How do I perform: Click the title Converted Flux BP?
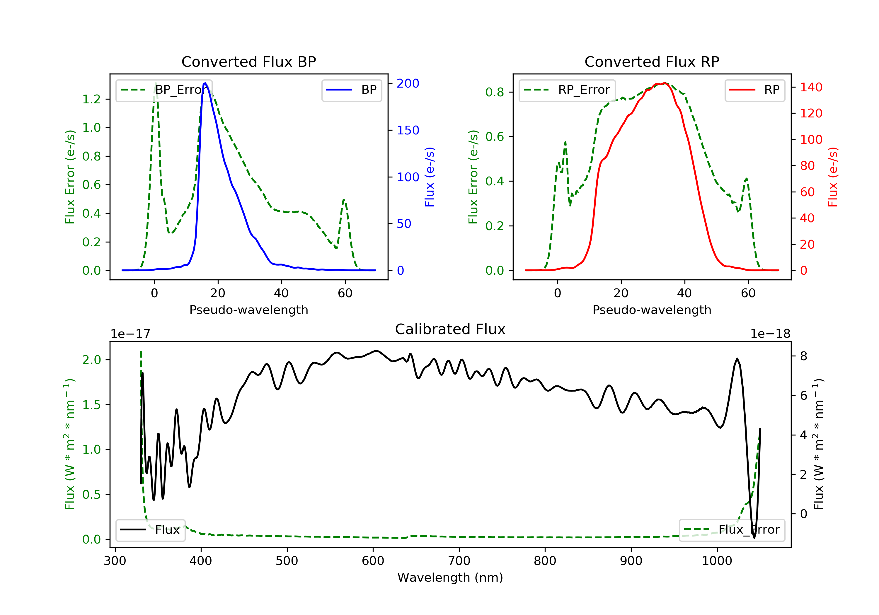(248, 61)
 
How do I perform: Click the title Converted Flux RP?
(652, 61)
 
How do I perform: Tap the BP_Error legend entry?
(164, 90)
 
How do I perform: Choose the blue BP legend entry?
(351, 90)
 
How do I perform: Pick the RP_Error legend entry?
(567, 90)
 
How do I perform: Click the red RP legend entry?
(754, 90)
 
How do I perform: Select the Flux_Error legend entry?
(732, 530)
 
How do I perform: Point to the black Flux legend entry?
(150, 530)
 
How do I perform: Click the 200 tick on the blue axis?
(408, 83)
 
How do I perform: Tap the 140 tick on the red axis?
(811, 87)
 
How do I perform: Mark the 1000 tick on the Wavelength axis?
(717, 561)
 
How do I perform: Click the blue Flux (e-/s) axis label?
(430, 177)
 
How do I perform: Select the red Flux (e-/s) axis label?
(833, 177)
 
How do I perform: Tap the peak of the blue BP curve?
(205, 83)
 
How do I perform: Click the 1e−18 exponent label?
(770, 334)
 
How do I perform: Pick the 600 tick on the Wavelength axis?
(373, 561)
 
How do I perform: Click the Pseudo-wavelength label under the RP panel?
(652, 310)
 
